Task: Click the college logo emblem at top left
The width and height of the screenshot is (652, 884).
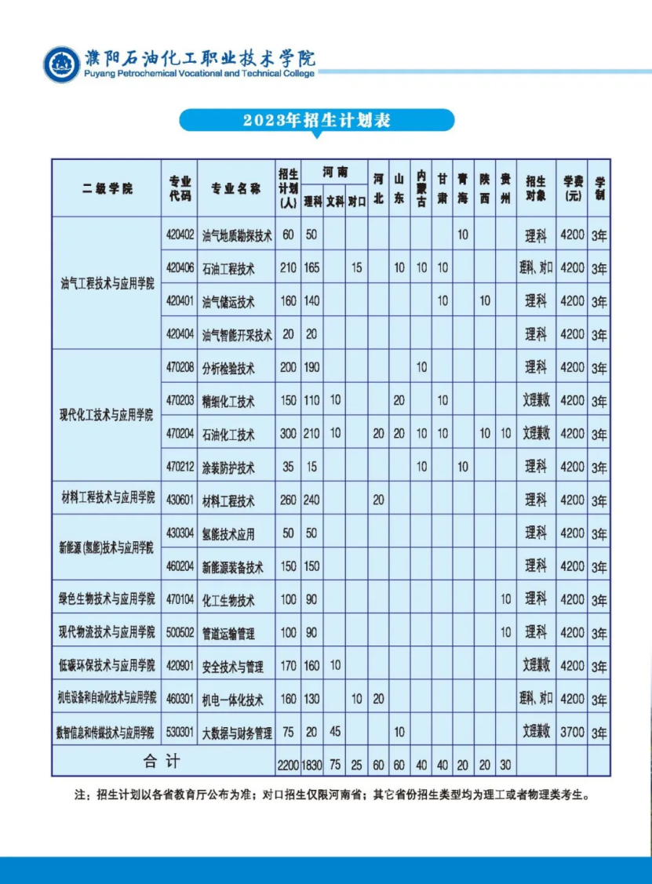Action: point(61,64)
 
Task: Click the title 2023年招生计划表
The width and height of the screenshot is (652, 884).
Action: point(316,120)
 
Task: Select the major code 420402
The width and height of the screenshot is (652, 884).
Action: point(180,234)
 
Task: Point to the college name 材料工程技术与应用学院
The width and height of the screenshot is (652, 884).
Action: point(108,498)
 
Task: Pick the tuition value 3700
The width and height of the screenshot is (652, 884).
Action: point(573,732)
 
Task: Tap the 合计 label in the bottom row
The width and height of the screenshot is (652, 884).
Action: point(162,761)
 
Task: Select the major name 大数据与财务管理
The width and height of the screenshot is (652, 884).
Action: point(237,733)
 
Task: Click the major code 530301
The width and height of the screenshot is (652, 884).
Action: point(180,732)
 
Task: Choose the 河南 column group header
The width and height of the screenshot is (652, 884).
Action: point(334,173)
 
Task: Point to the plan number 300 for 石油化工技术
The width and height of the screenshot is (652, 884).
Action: point(288,433)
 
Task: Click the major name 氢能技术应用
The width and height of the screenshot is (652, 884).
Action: point(228,533)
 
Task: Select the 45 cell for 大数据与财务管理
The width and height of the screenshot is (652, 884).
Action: point(335,732)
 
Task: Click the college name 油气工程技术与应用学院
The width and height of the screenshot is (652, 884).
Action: point(107,283)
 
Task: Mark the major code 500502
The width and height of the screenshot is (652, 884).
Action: point(180,631)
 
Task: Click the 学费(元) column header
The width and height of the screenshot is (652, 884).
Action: point(573,188)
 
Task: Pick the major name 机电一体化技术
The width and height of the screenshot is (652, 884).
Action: point(233,700)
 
